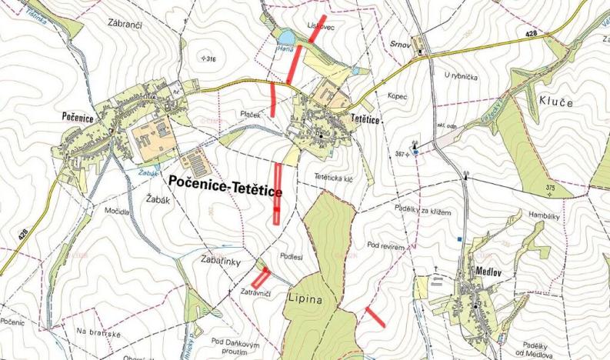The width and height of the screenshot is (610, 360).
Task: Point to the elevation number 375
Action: point(549,188)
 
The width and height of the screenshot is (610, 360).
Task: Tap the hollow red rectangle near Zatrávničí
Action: point(261,277)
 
